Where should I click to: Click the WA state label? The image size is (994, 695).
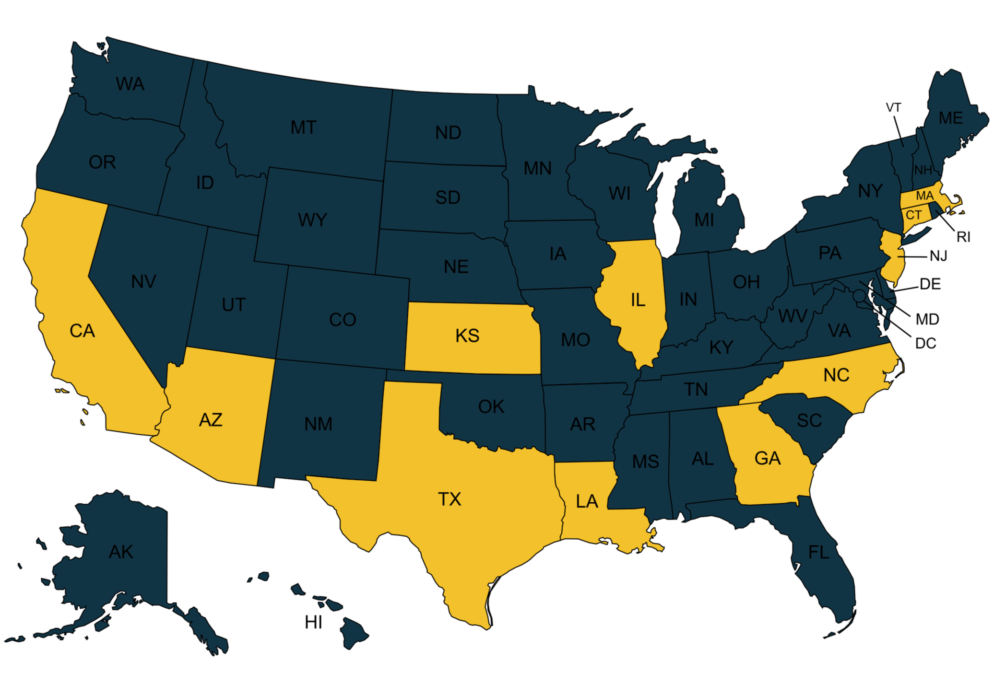(x=130, y=84)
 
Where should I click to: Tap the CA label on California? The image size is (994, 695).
(x=82, y=331)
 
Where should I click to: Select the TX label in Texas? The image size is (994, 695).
(x=450, y=499)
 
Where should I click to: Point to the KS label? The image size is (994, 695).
(x=467, y=336)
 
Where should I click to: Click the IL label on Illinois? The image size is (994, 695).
(x=638, y=300)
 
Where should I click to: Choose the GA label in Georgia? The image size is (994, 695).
(x=768, y=458)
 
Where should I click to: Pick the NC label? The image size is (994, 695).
(x=836, y=375)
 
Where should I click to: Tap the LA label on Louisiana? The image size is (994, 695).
(x=587, y=501)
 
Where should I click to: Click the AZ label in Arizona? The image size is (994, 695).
(x=211, y=420)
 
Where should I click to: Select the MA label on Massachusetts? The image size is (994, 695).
(x=924, y=196)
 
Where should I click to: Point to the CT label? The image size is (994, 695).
(x=913, y=215)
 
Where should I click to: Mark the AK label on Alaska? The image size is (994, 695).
(x=121, y=552)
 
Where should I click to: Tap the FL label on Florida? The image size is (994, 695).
(x=818, y=552)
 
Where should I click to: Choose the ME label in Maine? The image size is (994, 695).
(x=951, y=118)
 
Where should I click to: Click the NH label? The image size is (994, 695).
(x=923, y=170)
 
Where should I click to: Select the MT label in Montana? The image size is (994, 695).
(x=304, y=127)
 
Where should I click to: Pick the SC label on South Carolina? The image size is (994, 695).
(x=809, y=420)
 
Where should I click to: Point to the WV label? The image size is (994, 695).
(x=793, y=316)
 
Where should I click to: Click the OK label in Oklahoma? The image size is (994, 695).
(x=491, y=406)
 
